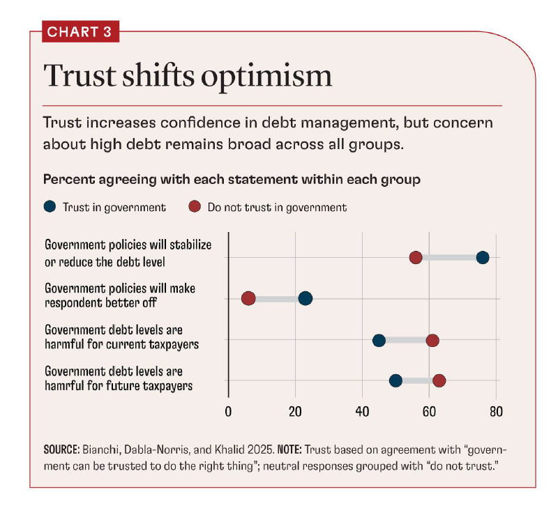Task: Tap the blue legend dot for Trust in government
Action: pos(49,206)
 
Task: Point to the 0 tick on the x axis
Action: pos(228,411)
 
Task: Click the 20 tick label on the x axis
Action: pos(295,411)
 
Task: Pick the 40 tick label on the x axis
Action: pos(362,411)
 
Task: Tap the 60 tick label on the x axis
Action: pos(429,411)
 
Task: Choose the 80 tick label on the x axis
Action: pos(496,411)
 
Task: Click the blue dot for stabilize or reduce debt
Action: pos(483,257)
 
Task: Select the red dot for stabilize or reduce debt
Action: pos(416,257)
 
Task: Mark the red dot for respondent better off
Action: pos(248,298)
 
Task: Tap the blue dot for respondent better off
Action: pos(306,298)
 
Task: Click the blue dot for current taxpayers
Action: pos(379,340)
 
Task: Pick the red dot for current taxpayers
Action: pos(432,340)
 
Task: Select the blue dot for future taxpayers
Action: pos(395,380)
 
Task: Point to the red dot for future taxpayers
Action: pos(439,380)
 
